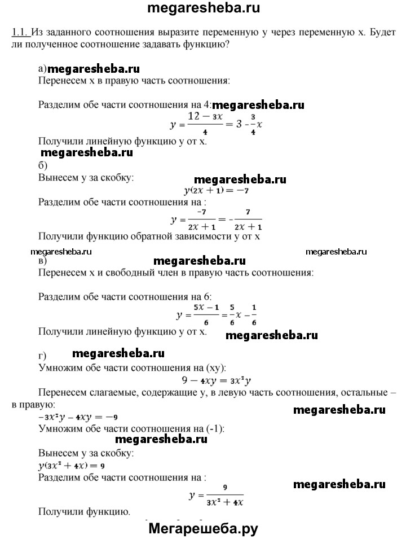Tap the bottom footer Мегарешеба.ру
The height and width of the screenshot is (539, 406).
204,529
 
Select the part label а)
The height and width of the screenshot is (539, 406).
43,69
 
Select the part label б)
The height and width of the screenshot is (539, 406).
42,165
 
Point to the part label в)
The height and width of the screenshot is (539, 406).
42,261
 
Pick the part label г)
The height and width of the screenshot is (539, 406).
42,355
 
